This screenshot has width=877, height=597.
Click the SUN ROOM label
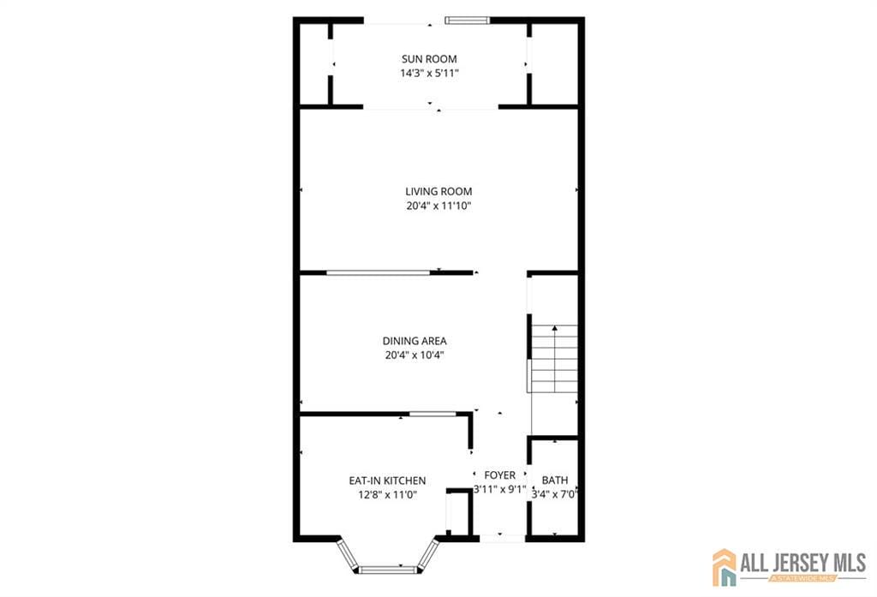pos(429,59)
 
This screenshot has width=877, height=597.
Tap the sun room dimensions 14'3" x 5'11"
pos(429,74)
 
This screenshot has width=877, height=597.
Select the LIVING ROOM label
pos(438,192)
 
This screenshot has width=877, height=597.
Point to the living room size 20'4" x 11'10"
pos(438,206)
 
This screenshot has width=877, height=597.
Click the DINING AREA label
pos(415,341)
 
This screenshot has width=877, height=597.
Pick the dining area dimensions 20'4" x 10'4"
pos(415,355)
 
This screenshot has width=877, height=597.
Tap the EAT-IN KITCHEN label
pos(387,481)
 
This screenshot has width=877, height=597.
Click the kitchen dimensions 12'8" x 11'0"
pos(387,494)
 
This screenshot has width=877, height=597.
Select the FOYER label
pos(500,475)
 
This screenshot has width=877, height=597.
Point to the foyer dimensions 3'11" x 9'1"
pos(500,490)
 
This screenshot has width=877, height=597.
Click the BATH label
pos(554,481)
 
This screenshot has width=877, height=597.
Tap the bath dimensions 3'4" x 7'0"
pos(554,494)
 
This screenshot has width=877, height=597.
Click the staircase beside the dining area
pos(554,360)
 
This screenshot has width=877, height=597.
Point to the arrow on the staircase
pos(554,331)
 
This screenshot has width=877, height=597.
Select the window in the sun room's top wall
pos(468,20)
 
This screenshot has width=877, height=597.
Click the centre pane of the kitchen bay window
pos(386,569)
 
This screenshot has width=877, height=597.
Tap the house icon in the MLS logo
pos(725,568)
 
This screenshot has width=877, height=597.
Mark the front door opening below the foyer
pos(502,538)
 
